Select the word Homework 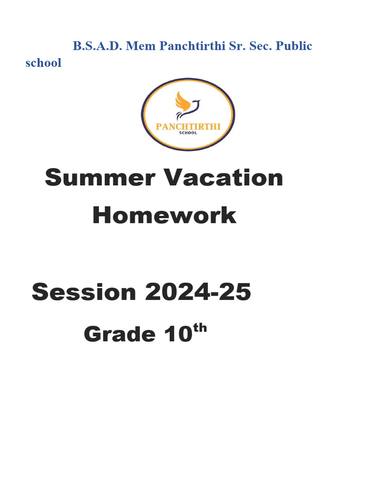pos(164,215)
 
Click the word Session pos(84,292)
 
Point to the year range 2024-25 pos(197,292)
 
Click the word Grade pos(119,335)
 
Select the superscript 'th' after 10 pos(200,328)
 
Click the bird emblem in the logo pos(187,106)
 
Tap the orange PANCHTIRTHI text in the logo pos(188,127)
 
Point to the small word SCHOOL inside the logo pos(188,134)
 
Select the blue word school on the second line pos(43,63)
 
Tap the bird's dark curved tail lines pos(181,115)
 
